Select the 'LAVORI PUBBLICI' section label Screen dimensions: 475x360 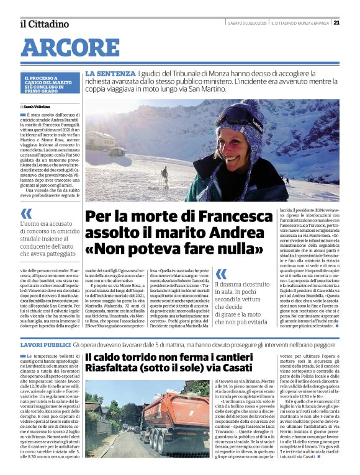(x=45, y=344)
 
